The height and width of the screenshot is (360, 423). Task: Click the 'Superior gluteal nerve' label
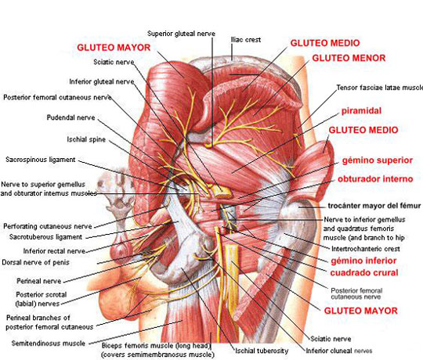181,34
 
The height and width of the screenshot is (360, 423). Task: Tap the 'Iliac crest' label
246,40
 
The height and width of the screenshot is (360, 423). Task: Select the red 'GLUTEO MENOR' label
349,58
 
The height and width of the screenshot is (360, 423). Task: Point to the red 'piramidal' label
361,111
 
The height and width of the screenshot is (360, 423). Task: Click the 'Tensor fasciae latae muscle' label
380,88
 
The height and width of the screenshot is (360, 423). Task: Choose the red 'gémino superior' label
378,160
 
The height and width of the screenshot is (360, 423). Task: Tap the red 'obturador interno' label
375,179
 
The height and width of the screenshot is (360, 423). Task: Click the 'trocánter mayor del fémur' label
374,206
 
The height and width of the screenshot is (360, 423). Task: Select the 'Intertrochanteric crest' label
366,248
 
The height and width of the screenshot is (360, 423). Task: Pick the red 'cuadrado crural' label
364,272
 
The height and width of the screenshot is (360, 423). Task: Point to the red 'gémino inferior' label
363,261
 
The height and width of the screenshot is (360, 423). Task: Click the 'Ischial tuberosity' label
262,351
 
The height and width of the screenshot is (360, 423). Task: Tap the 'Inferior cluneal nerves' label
339,351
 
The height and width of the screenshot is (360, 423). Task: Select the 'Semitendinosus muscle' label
49,344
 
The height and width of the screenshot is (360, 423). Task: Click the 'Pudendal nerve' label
71,117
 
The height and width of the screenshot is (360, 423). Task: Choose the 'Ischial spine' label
86,139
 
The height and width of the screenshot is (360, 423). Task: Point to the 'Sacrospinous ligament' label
41,160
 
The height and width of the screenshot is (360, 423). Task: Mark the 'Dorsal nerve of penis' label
35,262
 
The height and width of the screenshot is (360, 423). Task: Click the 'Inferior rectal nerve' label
54,251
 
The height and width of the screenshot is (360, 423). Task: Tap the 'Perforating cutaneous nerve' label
48,226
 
